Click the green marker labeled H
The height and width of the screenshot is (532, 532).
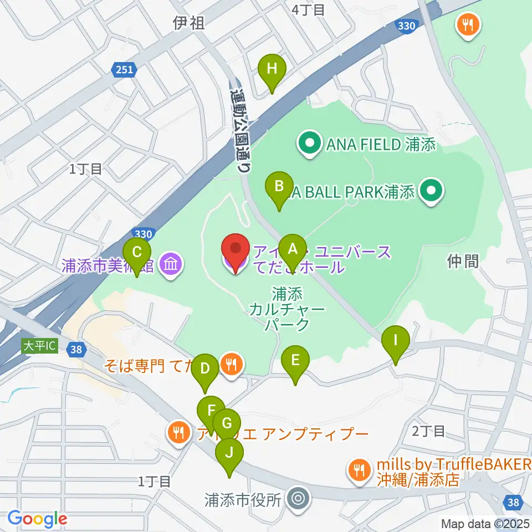point(272,70)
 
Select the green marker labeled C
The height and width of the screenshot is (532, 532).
point(137,254)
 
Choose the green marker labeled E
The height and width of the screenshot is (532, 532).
point(295,362)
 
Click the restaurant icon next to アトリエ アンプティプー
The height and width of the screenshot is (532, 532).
point(178,432)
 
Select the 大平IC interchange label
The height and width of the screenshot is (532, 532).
point(39,346)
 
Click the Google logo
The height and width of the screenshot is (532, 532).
point(37,519)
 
